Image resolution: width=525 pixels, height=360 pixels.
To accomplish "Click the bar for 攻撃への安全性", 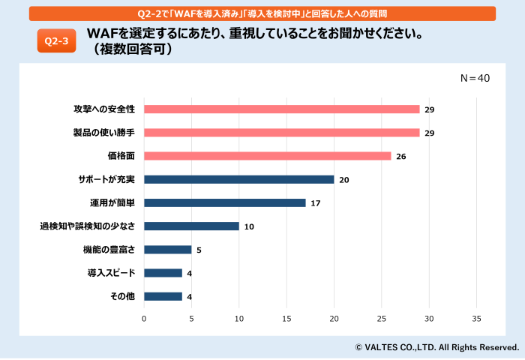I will click(281, 109).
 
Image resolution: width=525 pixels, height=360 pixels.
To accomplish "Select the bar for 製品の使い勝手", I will click(281, 133).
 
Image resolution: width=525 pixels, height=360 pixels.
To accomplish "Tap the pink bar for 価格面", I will click(267, 156).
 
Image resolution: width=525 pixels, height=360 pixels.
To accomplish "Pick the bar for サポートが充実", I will click(238, 179).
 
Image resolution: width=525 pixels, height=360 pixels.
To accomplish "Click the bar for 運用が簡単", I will click(224, 202).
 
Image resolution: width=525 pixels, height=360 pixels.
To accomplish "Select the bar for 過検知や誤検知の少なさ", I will click(191, 226).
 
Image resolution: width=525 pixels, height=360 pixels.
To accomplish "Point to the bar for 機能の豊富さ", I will click(167, 249).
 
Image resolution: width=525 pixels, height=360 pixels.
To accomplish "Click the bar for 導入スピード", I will click(163, 273).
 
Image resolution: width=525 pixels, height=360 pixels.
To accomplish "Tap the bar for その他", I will click(163, 296).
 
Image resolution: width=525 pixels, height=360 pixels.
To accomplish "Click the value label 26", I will click(401, 156).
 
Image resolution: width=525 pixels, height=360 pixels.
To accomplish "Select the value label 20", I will click(344, 180).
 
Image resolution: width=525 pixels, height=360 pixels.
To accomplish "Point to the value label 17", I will click(316, 203).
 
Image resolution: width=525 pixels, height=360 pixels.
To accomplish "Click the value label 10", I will click(249, 226).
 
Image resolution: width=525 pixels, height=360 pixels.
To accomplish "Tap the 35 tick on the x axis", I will click(477, 319).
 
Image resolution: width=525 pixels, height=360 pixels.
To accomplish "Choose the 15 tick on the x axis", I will click(286, 319).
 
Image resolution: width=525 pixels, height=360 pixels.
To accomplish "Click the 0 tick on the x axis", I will click(144, 319).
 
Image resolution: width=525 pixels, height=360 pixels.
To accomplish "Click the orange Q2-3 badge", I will click(56, 42).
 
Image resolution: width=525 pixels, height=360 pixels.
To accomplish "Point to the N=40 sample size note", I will click(474, 78).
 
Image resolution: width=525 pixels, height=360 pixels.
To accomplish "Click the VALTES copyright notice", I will click(436, 347).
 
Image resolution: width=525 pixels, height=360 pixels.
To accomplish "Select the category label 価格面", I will click(121, 156).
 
